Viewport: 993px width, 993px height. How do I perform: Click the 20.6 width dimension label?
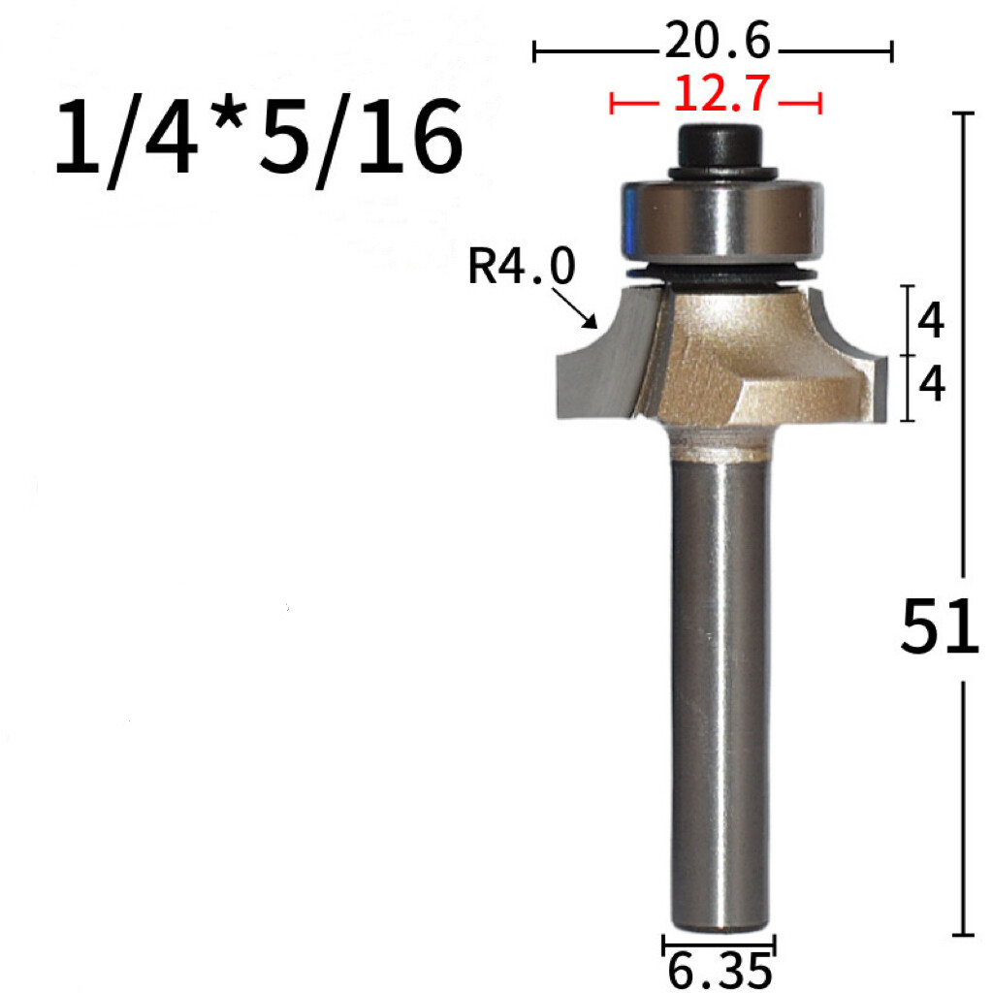point(717,44)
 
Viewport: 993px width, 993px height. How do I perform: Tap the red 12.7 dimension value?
point(721,95)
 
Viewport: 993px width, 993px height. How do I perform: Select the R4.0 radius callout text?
point(522,267)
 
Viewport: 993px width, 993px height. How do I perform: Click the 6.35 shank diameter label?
point(720,970)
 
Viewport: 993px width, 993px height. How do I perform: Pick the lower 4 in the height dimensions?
point(931,386)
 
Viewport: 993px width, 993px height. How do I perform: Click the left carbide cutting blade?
point(601,368)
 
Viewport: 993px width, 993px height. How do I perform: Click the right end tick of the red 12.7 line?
point(821,102)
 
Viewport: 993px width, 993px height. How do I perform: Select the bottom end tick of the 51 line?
point(963,935)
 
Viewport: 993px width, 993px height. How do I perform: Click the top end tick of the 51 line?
point(963,114)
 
